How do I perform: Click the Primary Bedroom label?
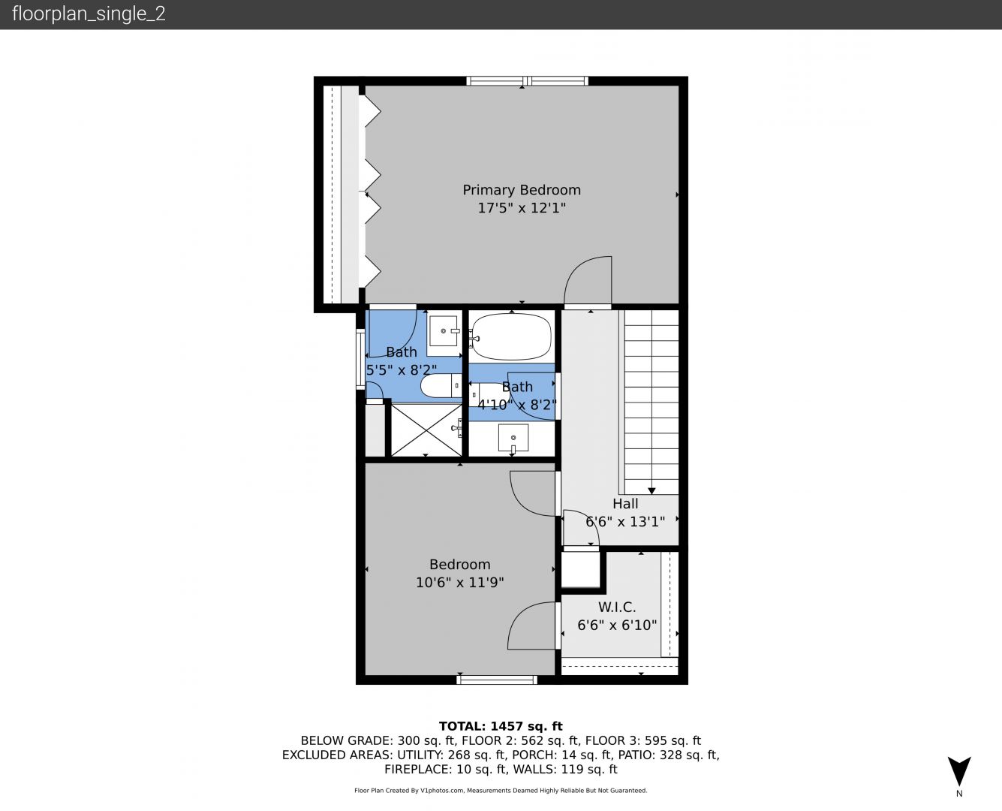522,190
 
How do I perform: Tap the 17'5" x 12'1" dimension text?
522,208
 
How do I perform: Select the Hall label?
625,504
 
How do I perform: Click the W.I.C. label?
617,607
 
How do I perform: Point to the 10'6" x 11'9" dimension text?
459,583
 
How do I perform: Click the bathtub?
511,336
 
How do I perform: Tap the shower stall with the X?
426,430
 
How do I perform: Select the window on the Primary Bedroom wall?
528,81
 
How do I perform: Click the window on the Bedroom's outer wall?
497,680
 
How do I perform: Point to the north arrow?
959,771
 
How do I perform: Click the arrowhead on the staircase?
651,491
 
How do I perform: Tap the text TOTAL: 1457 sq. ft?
501,726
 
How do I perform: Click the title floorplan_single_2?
89,14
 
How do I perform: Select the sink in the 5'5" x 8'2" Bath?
443,331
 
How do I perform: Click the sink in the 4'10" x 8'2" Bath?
513,438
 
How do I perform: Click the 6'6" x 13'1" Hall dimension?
625,522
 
